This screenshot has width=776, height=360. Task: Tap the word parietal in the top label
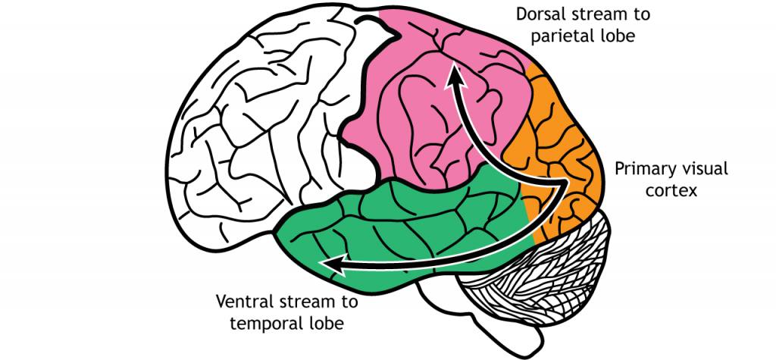click(x=562, y=36)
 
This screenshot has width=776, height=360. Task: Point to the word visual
click(x=701, y=168)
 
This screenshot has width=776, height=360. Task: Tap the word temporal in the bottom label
click(x=255, y=324)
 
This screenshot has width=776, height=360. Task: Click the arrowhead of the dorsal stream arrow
click(x=455, y=74)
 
